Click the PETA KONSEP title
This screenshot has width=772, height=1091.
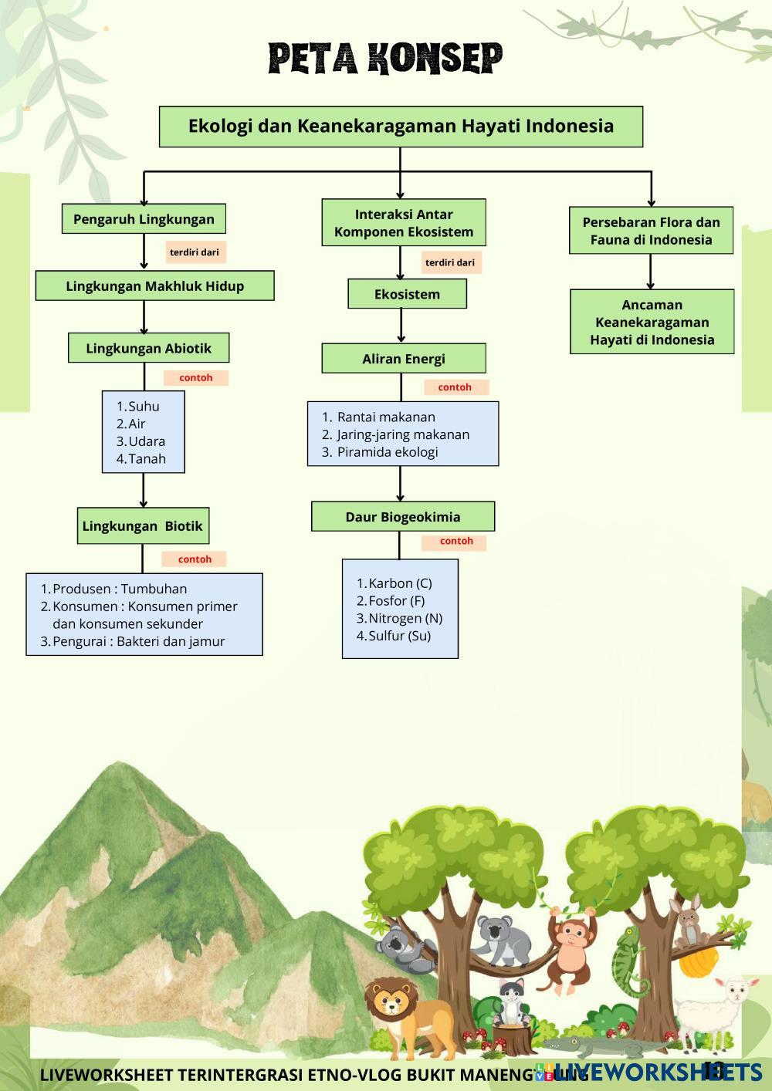pos(385,59)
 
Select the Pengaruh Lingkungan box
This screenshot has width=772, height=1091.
pos(144,219)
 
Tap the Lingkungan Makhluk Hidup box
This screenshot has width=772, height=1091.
pos(154,285)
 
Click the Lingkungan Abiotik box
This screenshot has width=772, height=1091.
pos(148,348)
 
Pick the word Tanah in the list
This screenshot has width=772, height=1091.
pos(147,458)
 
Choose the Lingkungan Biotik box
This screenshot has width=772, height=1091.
pos(142,526)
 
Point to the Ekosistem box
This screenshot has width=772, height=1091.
pos(407,294)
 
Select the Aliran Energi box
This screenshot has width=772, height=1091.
pos(404,359)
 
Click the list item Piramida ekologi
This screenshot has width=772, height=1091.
pos(387,452)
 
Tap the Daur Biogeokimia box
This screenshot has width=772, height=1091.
pos(402,517)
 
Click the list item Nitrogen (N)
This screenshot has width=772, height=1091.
pos(405,618)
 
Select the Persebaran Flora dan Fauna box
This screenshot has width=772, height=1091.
pos(651,231)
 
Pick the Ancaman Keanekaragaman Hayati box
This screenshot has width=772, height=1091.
pos(652,322)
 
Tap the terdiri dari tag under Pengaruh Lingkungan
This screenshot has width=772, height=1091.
pos(195,252)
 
